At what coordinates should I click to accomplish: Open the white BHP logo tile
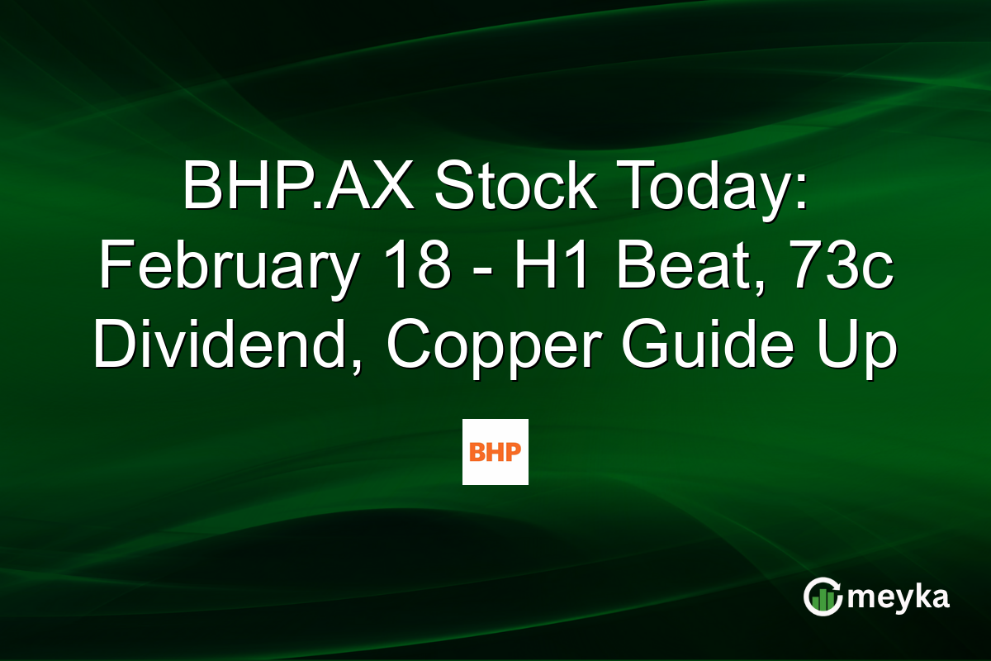click(495, 451)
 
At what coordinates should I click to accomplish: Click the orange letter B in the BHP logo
click(477, 452)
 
